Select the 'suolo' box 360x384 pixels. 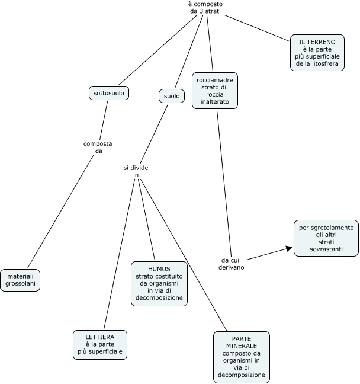(171, 95)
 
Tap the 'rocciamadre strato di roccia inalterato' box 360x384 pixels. (215, 90)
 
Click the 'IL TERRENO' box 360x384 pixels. (317, 53)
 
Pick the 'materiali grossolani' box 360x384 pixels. (20, 280)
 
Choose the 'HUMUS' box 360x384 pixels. (159, 283)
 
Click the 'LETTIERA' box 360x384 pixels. (99, 344)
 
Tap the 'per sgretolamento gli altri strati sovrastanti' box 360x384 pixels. (326, 238)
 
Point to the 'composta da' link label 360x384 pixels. (98, 147)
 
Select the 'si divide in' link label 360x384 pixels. (136, 171)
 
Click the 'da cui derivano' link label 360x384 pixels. (233, 263)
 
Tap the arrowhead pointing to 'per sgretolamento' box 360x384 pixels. (288, 249)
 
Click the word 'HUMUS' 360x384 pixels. (159, 268)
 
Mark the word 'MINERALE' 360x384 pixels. (241, 345)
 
